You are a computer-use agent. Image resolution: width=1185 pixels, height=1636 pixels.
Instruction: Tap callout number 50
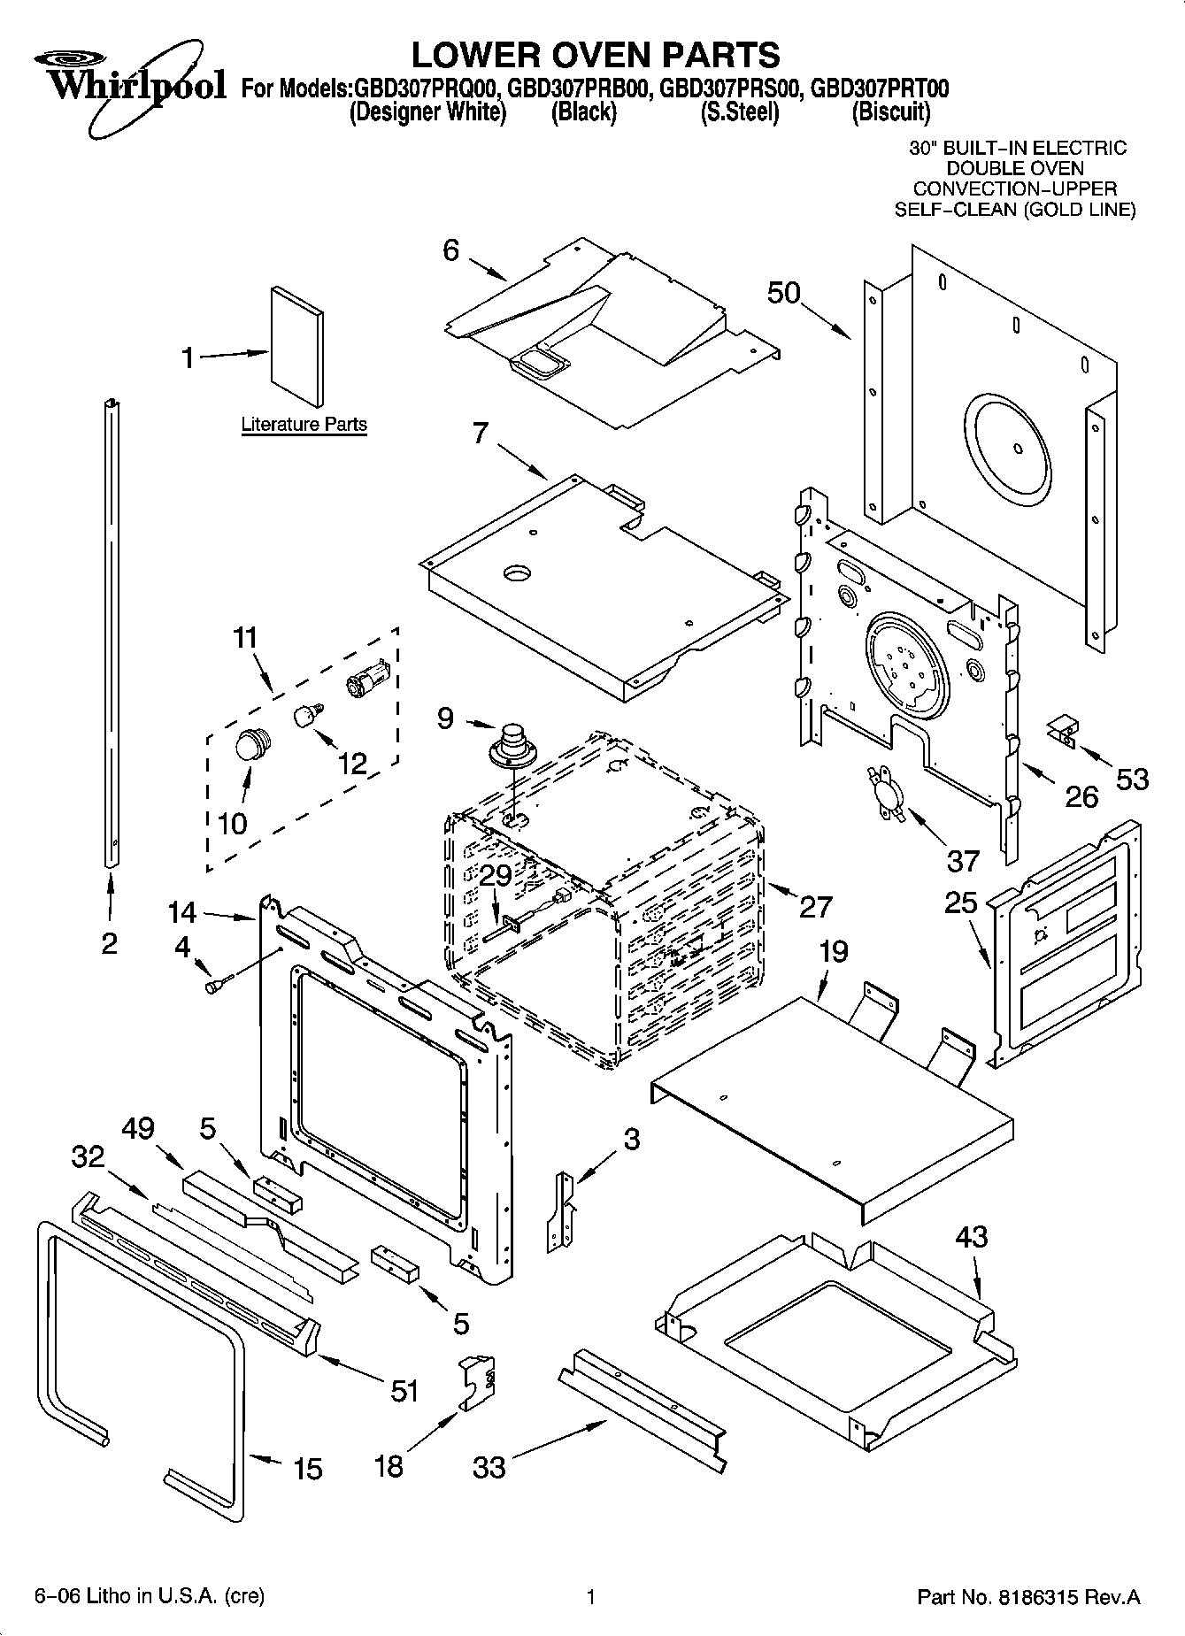point(783,293)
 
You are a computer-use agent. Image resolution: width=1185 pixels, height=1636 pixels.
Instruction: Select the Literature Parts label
point(304,425)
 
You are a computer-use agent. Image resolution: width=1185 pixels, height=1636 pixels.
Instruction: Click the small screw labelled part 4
point(217,984)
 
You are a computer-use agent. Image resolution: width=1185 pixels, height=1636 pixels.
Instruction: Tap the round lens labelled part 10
point(252,746)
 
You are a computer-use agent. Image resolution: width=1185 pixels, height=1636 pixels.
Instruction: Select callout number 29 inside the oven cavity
point(496,877)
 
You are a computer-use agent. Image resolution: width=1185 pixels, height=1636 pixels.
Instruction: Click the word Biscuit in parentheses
point(890,112)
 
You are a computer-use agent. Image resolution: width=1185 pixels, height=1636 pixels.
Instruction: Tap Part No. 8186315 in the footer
point(1028,1597)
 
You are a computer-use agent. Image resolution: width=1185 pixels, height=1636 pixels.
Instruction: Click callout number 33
point(489,1467)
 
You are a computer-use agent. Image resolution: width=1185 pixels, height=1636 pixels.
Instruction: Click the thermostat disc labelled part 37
point(884,791)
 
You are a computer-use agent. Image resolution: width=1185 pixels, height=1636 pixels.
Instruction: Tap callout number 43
point(971,1236)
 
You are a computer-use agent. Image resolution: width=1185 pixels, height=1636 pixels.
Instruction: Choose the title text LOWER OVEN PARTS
point(595,55)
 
